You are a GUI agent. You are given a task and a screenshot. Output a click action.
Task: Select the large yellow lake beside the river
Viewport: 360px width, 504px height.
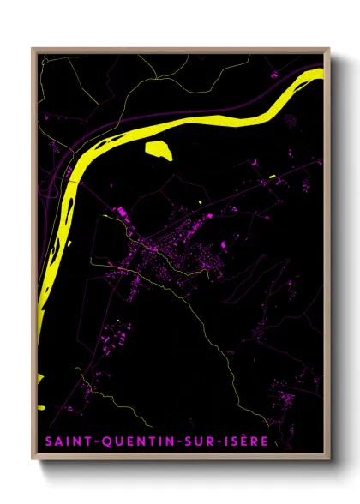tap(159, 150)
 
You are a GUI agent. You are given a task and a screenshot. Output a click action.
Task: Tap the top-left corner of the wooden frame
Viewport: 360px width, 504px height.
tap(33, 49)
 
